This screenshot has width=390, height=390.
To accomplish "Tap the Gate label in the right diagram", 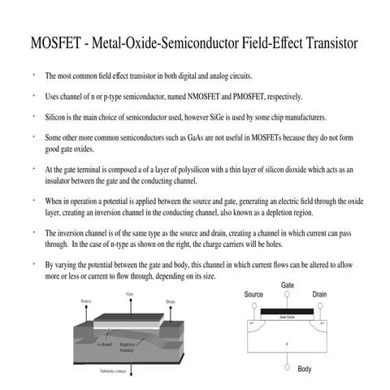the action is tap(288, 285).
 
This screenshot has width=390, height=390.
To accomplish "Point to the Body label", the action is tap(305, 370).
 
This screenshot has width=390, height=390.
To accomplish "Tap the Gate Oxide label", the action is tap(287, 318).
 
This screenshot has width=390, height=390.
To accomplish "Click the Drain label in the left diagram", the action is tap(171, 302).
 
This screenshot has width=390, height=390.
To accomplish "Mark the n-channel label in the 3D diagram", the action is tap(105, 345).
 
